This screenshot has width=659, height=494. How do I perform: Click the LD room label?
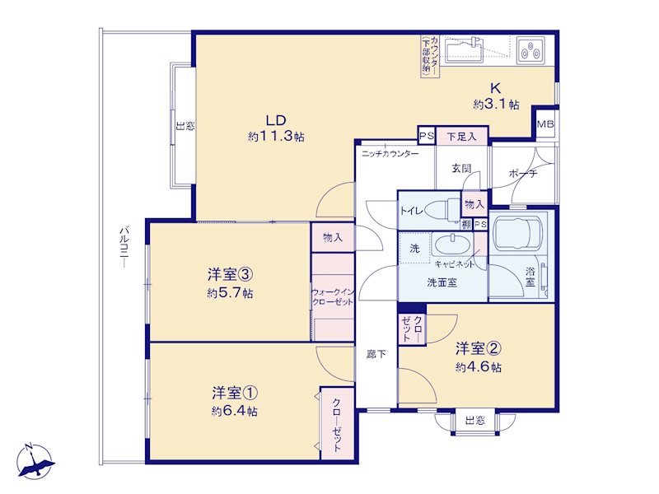point(276,120)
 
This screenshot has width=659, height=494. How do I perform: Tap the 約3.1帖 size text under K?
point(496,105)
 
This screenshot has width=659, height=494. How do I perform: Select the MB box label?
point(545,124)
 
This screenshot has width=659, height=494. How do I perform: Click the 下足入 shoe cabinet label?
point(461,137)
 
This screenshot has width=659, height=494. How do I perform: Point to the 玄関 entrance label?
point(461,169)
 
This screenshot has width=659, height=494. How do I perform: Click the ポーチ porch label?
point(523,173)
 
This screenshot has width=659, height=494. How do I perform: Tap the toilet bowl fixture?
point(442,209)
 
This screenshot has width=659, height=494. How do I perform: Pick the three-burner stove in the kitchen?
point(530,50)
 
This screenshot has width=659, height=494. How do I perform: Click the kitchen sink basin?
point(465,51)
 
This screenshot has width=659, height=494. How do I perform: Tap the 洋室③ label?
point(230,275)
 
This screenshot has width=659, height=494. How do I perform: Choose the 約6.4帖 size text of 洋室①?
point(235,411)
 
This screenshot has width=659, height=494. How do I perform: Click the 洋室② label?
point(478,348)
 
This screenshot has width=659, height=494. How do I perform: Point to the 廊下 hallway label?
point(376,355)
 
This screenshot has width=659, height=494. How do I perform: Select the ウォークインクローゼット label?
point(333,297)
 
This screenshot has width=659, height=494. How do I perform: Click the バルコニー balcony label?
point(124,247)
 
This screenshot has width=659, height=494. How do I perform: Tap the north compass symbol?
point(35,461)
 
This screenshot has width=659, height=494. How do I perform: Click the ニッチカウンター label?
point(390,154)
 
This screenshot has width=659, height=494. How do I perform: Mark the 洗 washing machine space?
point(414,249)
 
